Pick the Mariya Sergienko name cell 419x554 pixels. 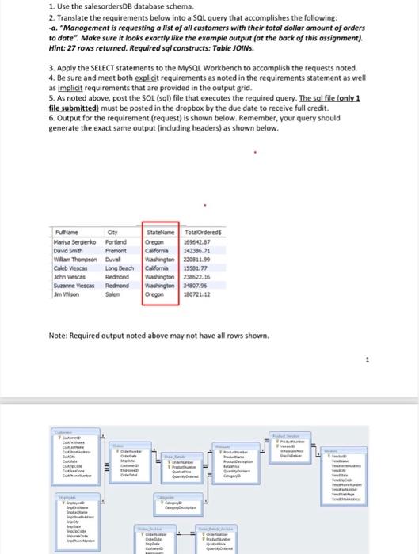click(x=75, y=242)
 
